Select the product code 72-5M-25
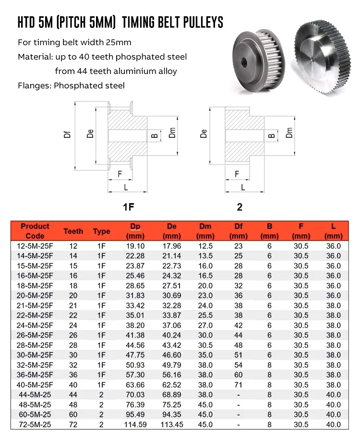pos(35,425)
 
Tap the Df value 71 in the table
pos(238,385)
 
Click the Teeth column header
pos(73,231)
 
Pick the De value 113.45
pos(172,425)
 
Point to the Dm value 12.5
pos(205,246)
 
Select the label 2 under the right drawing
pos(240,207)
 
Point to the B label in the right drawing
pos(272,135)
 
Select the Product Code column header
pos(35,231)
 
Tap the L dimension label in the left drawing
pos(126,186)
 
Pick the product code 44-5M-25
pos(35,395)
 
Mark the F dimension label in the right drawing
pos(237,173)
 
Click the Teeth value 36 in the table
pos(73,375)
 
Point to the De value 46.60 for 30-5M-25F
pos(172,355)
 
